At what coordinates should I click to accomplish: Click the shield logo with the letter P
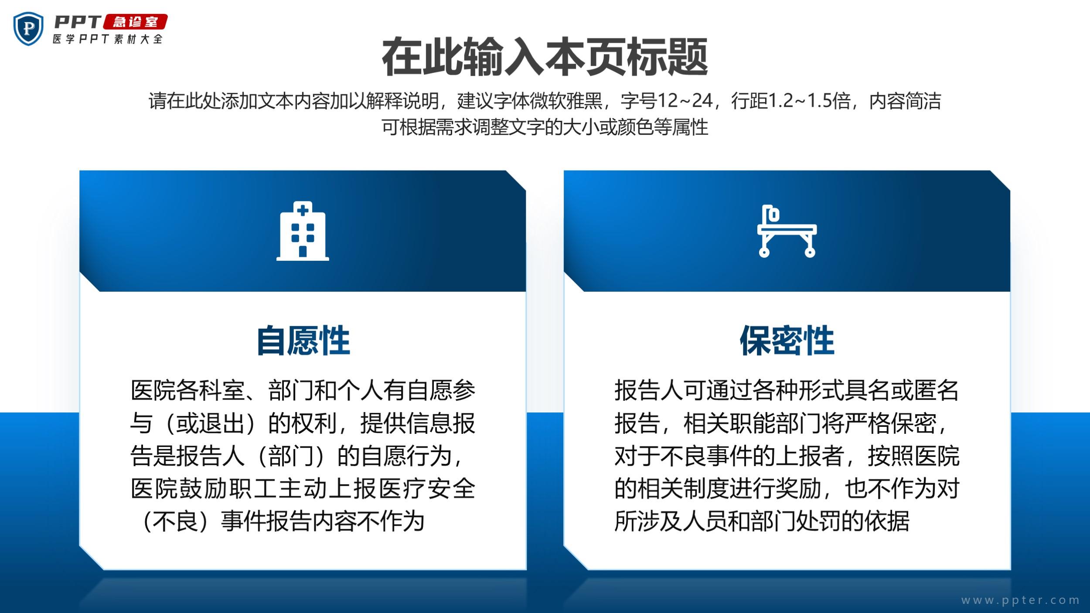point(28,29)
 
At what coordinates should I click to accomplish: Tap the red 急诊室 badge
point(135,22)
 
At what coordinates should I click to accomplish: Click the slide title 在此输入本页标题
point(545,57)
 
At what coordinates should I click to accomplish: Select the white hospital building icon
point(303,231)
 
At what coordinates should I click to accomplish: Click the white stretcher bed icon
point(787,231)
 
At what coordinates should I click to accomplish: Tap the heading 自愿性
point(303,341)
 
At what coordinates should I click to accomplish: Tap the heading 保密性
point(787,341)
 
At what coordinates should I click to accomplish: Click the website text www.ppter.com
point(1020,600)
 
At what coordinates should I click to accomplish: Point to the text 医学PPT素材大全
point(108,39)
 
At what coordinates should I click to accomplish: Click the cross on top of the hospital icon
point(303,211)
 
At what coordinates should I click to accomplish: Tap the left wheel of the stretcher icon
point(764,252)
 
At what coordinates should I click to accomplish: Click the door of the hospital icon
point(303,252)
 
